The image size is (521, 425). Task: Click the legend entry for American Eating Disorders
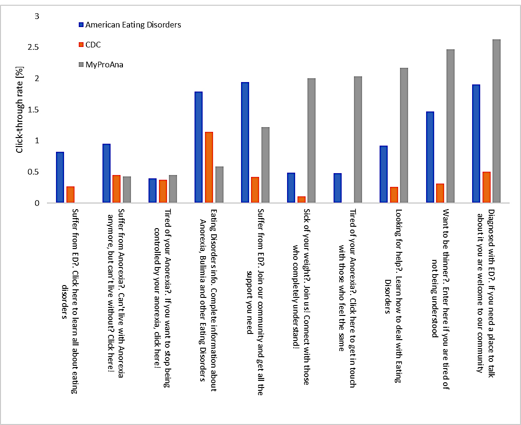click(x=133, y=25)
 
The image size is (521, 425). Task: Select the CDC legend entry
click(x=93, y=45)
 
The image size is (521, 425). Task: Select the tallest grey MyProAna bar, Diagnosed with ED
click(x=496, y=121)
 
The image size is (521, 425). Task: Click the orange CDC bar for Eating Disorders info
click(x=209, y=167)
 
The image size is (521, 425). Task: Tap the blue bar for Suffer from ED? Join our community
click(x=245, y=142)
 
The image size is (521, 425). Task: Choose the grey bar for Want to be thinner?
click(x=450, y=126)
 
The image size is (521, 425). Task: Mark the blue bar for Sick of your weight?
click(x=291, y=188)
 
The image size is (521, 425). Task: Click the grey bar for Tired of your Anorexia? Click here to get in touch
click(x=358, y=139)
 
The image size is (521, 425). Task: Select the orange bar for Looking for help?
click(x=394, y=195)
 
